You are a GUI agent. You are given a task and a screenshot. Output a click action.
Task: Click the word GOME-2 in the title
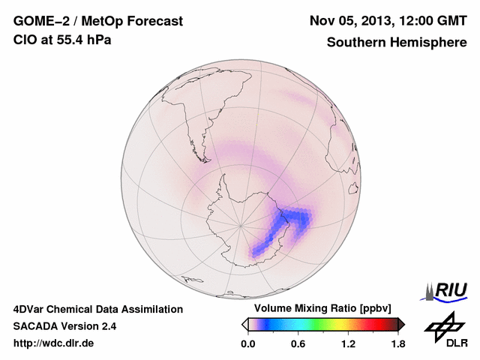coord(38,21)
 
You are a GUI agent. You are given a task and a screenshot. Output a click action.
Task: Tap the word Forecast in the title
coord(154,21)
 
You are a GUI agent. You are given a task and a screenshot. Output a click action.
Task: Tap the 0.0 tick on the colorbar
coord(247,343)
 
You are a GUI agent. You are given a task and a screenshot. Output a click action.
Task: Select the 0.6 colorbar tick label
coord(298,343)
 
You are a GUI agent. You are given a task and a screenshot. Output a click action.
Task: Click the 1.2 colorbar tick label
coord(348,343)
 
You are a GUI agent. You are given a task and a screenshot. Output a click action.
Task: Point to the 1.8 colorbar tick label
coord(398,343)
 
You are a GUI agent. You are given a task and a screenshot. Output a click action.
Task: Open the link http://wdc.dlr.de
coord(54,343)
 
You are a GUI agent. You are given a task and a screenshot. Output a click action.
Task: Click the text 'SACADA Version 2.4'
coord(64,326)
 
